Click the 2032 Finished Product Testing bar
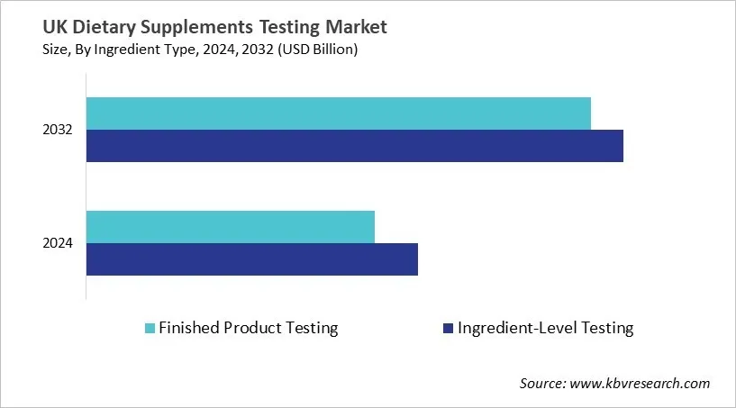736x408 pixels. pyautogui.click(x=339, y=113)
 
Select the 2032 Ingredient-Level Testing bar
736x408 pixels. pyautogui.click(x=355, y=146)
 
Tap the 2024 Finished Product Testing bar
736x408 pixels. pyautogui.click(x=231, y=227)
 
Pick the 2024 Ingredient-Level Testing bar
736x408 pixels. pyautogui.click(x=252, y=259)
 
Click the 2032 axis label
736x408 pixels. pyautogui.click(x=58, y=131)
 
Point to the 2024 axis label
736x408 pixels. pyautogui.click(x=58, y=243)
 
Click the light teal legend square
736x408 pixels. pyautogui.click(x=150, y=329)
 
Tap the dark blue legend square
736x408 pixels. pyautogui.click(x=448, y=329)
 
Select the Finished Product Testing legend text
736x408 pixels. pyautogui.click(x=249, y=328)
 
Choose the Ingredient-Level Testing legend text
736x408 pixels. pyautogui.click(x=546, y=328)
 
